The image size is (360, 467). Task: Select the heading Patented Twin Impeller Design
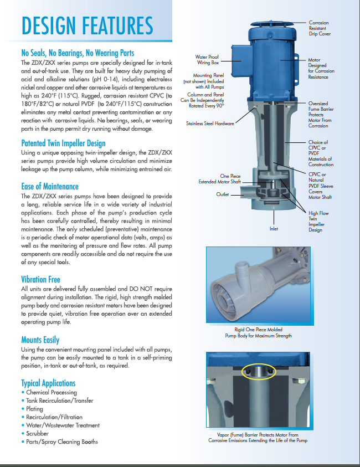pyautogui.click(x=63, y=143)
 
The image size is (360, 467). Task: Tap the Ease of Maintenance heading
pyautogui.click(x=50, y=187)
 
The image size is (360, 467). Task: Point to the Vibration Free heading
pyautogui.click(x=40, y=280)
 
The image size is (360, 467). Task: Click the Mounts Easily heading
pyautogui.click(x=40, y=340)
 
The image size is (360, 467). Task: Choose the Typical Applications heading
pyautogui.click(x=48, y=383)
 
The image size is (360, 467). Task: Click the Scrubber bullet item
pyautogui.click(x=37, y=434)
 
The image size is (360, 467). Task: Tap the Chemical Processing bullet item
pyautogui.click(x=51, y=392)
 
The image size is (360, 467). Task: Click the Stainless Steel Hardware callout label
pyautogui.click(x=210, y=124)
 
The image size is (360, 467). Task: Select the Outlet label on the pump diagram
pyautogui.click(x=223, y=194)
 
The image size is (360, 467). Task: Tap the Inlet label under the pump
pyautogui.click(x=274, y=228)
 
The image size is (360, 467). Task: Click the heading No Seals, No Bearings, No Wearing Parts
pyautogui.click(x=78, y=53)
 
